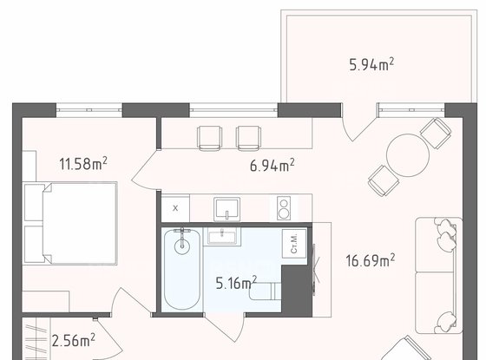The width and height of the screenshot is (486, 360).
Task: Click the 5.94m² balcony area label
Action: pos(371,64)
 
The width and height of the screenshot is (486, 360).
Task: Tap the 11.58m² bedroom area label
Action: pos(83,163)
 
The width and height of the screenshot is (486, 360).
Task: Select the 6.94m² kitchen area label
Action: pos(273,165)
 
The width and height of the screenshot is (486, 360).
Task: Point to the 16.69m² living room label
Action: pos(370,260)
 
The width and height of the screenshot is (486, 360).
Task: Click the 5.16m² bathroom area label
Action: pos(236,283)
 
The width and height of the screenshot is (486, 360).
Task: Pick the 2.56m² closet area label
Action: pos(74,340)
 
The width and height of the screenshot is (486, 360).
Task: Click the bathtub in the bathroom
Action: pos(182,269)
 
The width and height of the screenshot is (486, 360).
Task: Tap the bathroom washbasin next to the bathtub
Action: pos(221,237)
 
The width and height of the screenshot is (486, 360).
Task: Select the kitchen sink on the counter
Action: pos(227,209)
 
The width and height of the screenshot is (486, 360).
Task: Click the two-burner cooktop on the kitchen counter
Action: pos(284,208)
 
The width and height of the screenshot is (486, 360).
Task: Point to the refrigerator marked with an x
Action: pos(175,208)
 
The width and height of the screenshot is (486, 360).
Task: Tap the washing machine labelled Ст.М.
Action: pos(294,244)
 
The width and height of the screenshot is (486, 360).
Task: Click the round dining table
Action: pos(408,155)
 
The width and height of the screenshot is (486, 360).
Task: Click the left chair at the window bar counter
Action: pos(209,138)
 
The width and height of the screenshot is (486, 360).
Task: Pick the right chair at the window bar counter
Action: pos(248,138)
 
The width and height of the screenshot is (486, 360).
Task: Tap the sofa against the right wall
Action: pos(438,276)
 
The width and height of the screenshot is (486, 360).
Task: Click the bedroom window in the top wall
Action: pos(89,110)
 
